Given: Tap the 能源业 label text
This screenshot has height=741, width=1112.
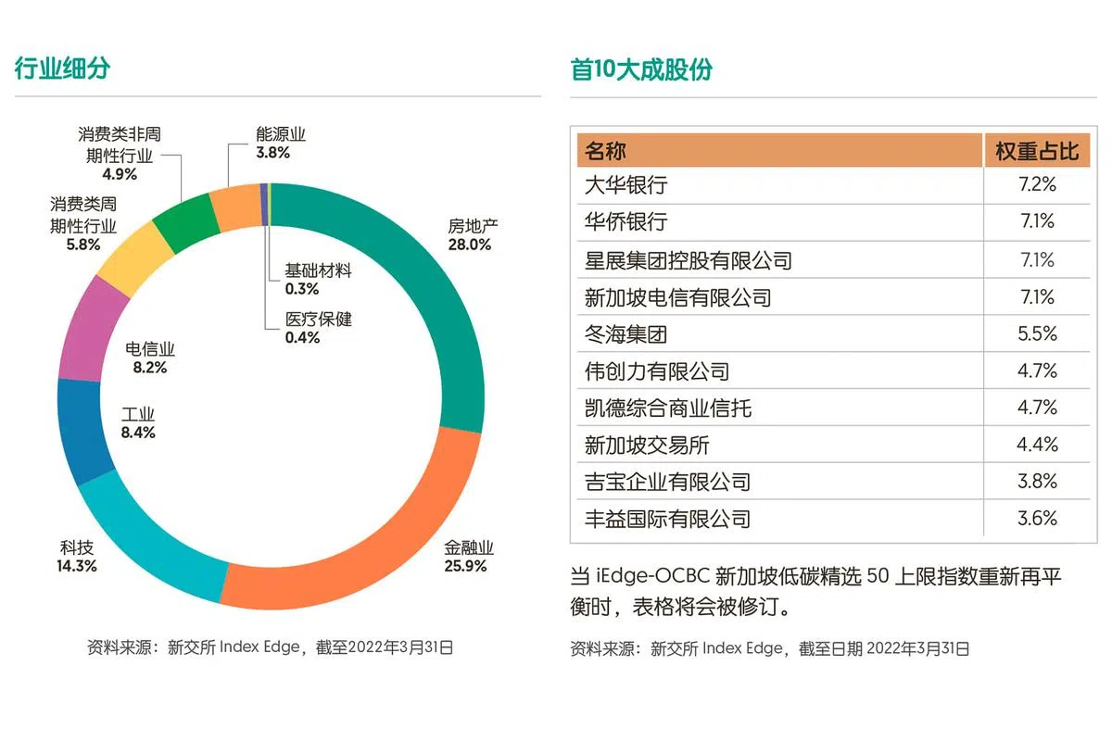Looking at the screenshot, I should pos(281,134).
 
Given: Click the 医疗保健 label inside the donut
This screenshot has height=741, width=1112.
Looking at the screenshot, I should pos(319,320).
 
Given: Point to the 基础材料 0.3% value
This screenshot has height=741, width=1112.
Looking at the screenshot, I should pos(302,289).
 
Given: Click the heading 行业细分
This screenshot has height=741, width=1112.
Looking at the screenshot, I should pos(62,69).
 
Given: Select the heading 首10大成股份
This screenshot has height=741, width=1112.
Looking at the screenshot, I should pos(641,69).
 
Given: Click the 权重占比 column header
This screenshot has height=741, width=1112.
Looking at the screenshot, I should pos(1037,151).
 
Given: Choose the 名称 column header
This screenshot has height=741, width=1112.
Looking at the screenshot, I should pos(606,151).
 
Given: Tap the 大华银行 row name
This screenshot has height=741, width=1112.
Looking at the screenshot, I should pos(625,185).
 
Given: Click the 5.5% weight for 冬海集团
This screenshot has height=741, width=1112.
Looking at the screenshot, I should pos(1037,333).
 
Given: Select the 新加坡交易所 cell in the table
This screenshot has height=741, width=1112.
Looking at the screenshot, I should pos(647,445).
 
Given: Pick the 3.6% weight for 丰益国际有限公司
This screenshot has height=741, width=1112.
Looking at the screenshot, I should pos(1037,519).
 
